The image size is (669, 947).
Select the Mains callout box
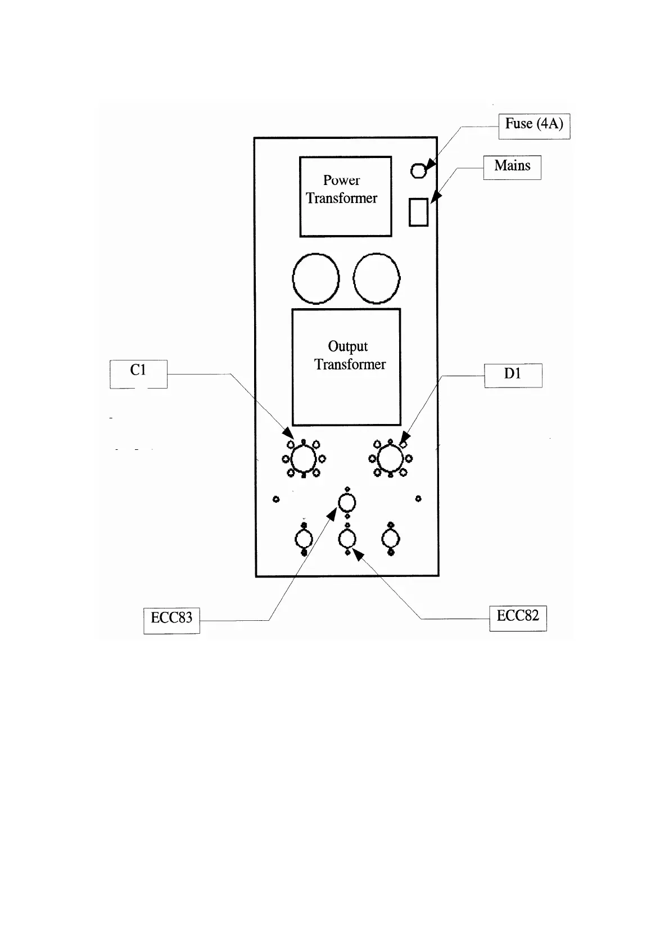[x=512, y=167]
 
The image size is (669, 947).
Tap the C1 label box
[x=138, y=373]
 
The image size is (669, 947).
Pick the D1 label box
[x=513, y=375]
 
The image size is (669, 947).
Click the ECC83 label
[x=171, y=620]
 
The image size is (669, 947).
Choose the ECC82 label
[x=518, y=617]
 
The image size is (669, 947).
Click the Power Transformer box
[x=345, y=196]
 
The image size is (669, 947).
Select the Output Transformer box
[x=346, y=367]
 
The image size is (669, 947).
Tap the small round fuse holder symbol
[x=418, y=170]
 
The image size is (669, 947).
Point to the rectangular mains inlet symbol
[x=418, y=213]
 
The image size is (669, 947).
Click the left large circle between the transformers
[x=316, y=278]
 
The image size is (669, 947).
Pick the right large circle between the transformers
[x=377, y=278]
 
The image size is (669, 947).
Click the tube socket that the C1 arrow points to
[x=304, y=459]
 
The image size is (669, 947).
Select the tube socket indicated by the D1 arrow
[x=390, y=459]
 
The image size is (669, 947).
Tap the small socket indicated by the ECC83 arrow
[x=347, y=502]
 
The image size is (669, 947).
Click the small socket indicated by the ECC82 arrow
[x=347, y=540]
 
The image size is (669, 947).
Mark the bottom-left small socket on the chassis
[x=304, y=540]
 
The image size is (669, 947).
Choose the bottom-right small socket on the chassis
[x=390, y=540]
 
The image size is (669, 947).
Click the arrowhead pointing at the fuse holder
[x=430, y=164]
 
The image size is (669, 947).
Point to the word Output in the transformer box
[x=347, y=347]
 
